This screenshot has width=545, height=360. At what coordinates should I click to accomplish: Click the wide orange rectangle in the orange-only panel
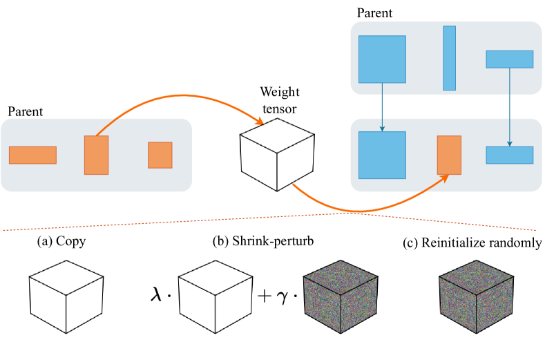[x=32, y=155]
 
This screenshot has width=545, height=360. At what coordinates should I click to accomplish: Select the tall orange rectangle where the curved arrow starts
[x=96, y=155]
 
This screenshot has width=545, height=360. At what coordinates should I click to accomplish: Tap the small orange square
[x=160, y=155]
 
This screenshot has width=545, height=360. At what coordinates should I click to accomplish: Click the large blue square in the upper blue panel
[x=382, y=59]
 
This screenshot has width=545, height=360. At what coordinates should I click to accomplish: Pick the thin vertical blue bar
[x=449, y=58]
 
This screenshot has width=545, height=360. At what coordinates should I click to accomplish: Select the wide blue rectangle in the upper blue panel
[x=509, y=59]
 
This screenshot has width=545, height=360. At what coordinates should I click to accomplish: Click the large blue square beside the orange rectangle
[x=382, y=155]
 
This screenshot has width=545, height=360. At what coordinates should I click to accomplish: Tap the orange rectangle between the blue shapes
[x=449, y=155]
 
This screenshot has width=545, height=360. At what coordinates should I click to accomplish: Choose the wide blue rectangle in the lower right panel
[x=509, y=155]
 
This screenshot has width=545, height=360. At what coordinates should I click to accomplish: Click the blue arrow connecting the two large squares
[x=382, y=107]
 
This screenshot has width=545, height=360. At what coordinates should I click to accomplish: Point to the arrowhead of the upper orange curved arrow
[x=260, y=122]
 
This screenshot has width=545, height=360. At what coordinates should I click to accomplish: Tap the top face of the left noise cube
[x=341, y=276]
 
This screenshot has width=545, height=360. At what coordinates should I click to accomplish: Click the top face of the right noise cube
[x=476, y=276]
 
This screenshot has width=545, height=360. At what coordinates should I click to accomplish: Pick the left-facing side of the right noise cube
[x=458, y=307]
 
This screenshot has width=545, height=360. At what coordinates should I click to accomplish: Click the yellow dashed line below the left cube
[x=326, y=332]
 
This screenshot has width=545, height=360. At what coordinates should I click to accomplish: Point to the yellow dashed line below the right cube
[x=461, y=332]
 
